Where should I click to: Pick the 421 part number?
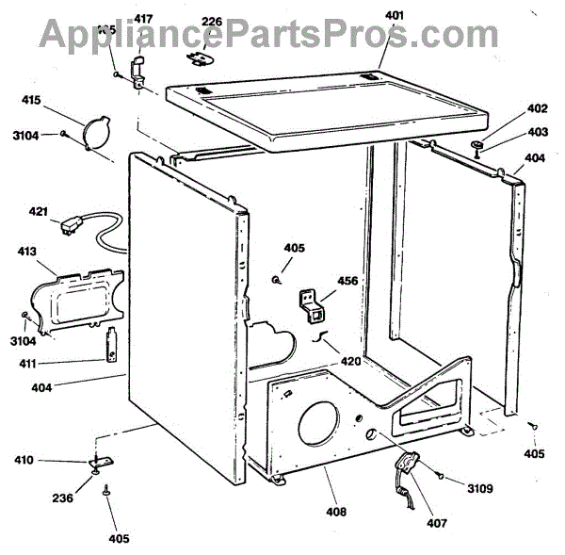click(x=38, y=211)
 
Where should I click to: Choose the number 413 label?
click(x=28, y=252)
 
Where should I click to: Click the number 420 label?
click(x=350, y=360)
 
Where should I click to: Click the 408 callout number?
click(x=336, y=512)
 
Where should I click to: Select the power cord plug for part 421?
click(x=69, y=226)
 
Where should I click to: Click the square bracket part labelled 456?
click(x=315, y=306)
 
